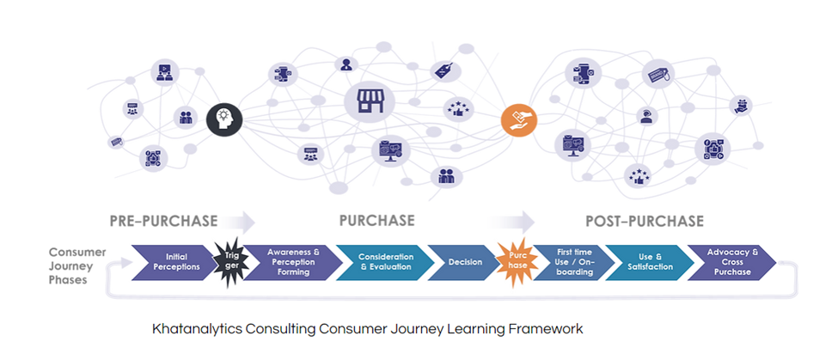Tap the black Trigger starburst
[229, 261]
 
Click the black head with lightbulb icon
[225, 117]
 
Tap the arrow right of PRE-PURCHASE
[242, 223]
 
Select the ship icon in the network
[741, 106]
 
